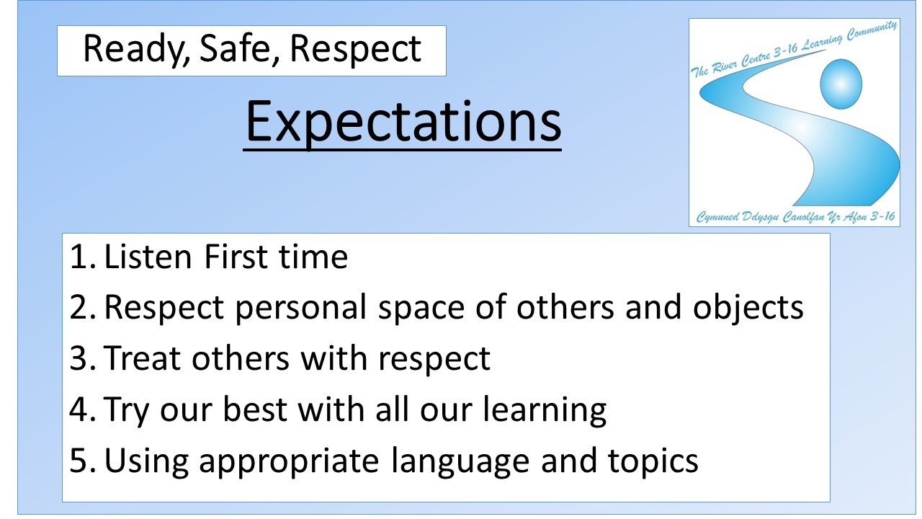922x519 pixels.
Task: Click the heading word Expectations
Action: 403,123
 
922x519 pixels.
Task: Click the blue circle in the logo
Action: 841,84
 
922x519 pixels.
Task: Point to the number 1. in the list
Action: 83,257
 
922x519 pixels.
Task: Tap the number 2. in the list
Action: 83,308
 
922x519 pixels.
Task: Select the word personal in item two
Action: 301,309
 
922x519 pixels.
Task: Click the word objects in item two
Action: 748,309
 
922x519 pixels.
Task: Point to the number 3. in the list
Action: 83,358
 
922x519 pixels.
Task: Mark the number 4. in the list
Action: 82,409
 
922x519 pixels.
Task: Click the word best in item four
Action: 255,409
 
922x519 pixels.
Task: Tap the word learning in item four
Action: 545,410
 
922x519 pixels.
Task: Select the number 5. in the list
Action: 83,460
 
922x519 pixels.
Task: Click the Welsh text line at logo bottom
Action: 795,217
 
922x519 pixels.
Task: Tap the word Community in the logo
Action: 872,31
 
